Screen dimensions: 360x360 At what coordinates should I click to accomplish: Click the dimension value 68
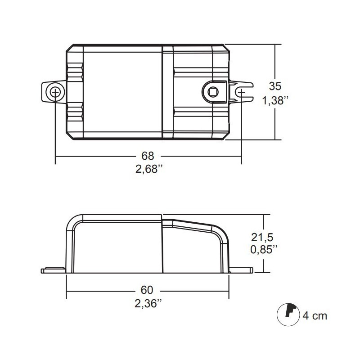pos(148,156)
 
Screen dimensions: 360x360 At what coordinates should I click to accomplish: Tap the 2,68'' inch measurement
pos(148,171)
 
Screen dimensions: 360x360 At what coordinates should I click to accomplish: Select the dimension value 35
pos(275,85)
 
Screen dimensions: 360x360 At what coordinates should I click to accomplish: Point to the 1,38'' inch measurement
pos(275,101)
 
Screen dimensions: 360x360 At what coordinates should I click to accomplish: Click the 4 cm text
pos(315,315)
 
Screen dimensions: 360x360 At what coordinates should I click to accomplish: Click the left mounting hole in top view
pos(55,92)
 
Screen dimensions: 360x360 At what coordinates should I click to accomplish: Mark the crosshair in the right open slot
pos(242,93)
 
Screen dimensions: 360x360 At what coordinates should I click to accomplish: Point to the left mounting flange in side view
pos(53,270)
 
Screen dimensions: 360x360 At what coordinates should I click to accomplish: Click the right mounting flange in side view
pos(241,270)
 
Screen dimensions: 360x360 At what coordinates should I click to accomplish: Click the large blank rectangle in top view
pos(122,92)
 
